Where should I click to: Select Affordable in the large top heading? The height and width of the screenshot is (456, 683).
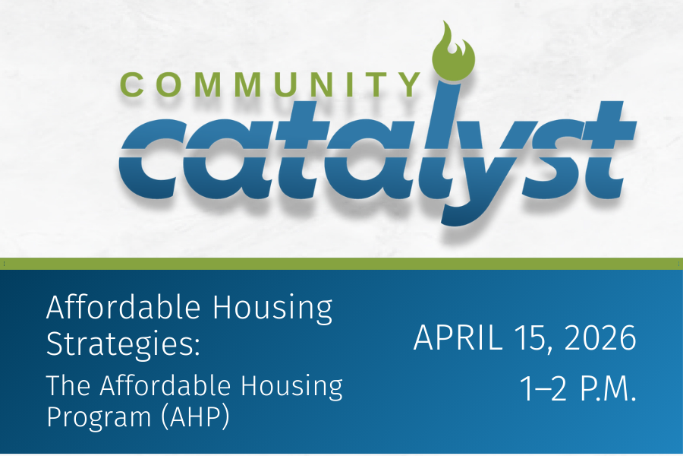point(124,309)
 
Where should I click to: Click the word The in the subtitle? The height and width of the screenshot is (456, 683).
point(67,386)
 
